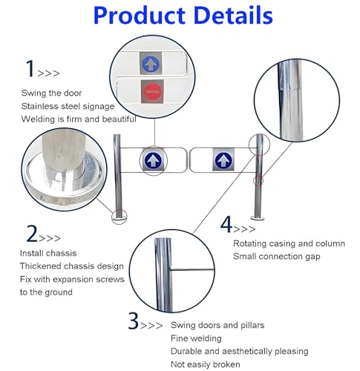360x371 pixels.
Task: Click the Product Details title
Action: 183,16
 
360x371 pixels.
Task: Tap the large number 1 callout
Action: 30,68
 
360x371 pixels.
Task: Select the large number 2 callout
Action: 32,233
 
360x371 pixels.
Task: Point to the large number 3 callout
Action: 134,321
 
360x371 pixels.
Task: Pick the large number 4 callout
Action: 226,224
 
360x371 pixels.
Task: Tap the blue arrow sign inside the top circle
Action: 151,63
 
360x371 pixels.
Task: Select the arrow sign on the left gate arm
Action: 153,160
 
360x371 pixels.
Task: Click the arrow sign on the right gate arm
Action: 223,160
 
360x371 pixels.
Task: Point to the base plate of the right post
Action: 258,218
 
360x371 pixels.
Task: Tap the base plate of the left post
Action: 119,218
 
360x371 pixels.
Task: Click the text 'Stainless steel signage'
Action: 68,106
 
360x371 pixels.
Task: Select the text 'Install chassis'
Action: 48,253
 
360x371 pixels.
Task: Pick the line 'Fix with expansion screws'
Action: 72,279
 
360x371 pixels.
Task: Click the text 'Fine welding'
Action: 196,338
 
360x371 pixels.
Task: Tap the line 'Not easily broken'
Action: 206,364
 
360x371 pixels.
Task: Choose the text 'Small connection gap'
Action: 276,257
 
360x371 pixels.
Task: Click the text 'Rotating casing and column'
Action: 289,243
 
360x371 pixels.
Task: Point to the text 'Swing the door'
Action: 51,93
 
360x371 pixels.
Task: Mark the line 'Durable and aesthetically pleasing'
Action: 240,351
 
